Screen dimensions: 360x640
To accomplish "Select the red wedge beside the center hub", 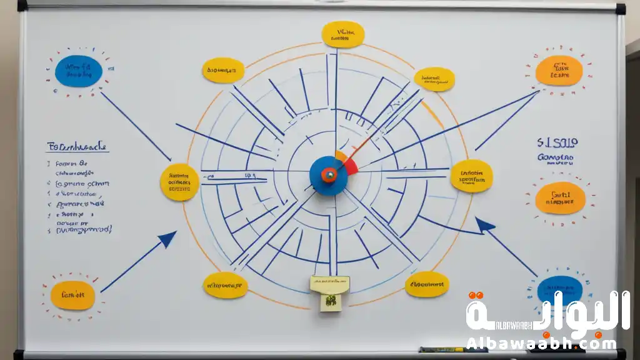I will pyautogui.click(x=350, y=166).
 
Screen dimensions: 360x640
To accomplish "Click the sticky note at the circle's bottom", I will pyautogui.click(x=329, y=292).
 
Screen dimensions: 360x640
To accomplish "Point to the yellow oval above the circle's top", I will pyautogui.click(x=343, y=34).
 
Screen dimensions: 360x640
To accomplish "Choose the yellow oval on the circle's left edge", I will pyautogui.click(x=179, y=182).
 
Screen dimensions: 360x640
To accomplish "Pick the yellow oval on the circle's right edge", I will pyautogui.click(x=472, y=175).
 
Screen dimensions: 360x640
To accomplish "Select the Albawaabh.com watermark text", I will pyautogui.click(x=541, y=343).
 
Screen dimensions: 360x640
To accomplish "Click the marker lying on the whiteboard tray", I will pyautogui.click(x=444, y=350).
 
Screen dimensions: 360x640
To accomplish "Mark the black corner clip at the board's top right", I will pyautogui.click(x=620, y=9).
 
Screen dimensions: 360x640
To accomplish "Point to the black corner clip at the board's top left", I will pyautogui.click(x=22, y=6).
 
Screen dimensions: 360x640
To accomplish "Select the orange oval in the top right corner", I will pyautogui.click(x=559, y=70).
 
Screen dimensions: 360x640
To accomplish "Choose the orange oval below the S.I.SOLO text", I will pyautogui.click(x=560, y=197).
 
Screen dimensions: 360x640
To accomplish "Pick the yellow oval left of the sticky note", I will pyautogui.click(x=225, y=285).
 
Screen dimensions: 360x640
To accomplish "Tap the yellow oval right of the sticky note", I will pyautogui.click(x=427, y=284).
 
